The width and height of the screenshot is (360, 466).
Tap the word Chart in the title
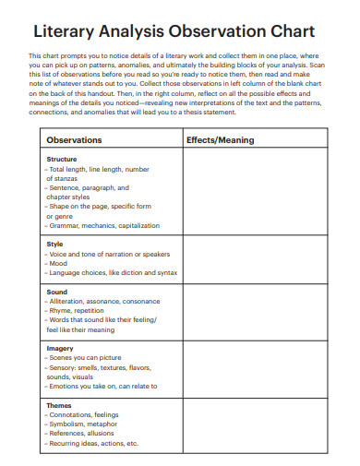click(287, 32)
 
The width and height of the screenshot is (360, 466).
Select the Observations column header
click(75, 140)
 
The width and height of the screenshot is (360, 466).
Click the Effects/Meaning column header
click(220, 140)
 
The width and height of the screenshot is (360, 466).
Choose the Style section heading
click(54, 244)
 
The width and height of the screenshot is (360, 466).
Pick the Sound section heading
click(56, 291)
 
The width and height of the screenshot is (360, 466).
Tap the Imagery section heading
click(60, 348)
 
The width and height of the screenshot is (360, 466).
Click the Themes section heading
click(60, 404)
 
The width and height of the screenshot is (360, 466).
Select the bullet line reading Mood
click(58, 263)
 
